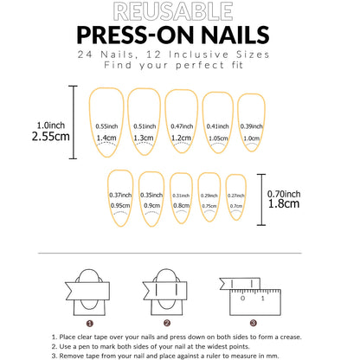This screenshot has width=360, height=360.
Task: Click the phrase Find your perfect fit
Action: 179,65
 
